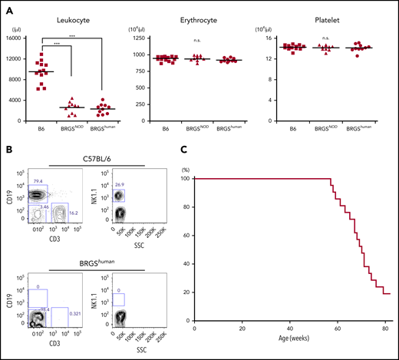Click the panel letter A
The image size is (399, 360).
click(6, 7)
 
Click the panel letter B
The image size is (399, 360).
click(6, 153)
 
